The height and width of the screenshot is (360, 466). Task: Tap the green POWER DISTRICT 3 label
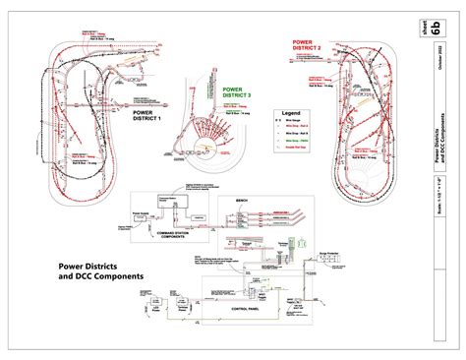[236, 92]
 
